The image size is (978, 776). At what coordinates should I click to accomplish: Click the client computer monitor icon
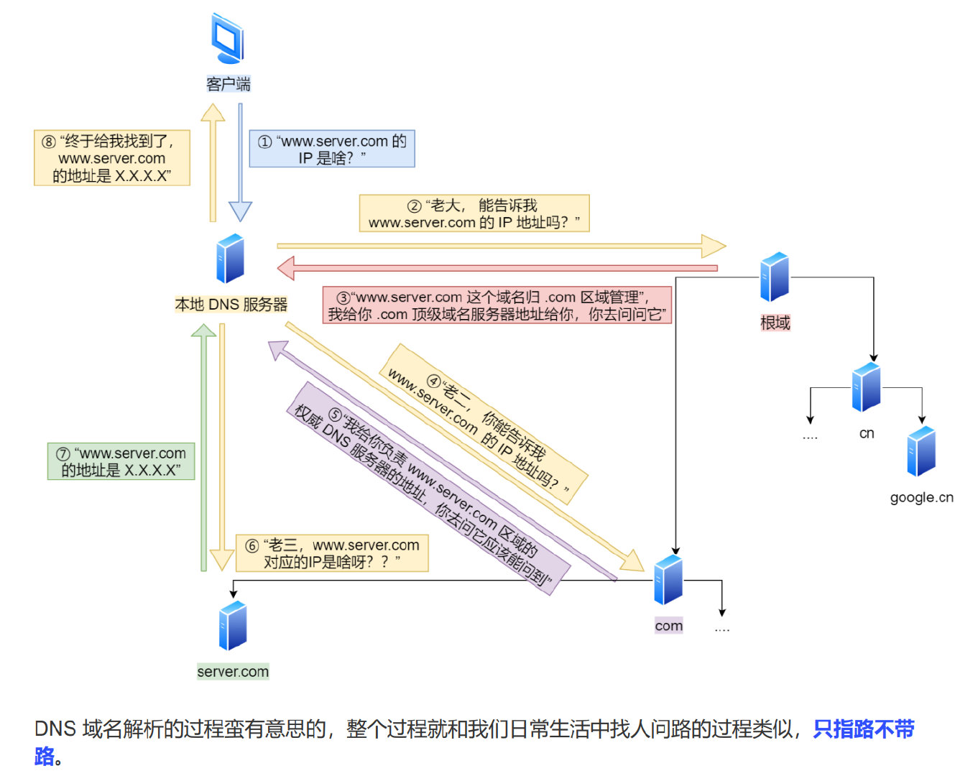[228, 40]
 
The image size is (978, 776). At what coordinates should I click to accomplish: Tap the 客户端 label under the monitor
[229, 84]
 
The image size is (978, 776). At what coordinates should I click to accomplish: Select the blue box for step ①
[332, 149]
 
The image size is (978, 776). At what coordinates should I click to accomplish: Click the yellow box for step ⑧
[112, 158]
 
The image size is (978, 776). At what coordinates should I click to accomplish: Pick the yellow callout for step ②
[474, 213]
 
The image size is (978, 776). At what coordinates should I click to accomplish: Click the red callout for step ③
[497, 305]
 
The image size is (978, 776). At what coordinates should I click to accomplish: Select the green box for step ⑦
[121, 461]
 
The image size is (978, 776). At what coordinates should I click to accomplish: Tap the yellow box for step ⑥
[332, 553]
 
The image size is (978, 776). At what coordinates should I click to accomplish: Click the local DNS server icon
[231, 259]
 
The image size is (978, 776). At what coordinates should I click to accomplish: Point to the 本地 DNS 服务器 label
[231, 305]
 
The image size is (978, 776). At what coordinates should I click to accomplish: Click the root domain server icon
[775, 277]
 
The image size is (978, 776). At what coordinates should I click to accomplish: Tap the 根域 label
[775, 323]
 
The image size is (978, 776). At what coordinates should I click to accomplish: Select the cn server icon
[867, 387]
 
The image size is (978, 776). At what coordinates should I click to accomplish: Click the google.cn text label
[921, 497]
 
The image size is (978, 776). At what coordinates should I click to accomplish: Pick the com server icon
[668, 580]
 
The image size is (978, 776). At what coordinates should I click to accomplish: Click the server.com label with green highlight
[233, 672]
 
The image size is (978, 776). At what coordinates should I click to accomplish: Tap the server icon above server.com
[233, 626]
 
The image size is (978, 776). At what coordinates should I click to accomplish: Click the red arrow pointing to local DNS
[496, 268]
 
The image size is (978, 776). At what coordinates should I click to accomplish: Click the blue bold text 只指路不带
[863, 729]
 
